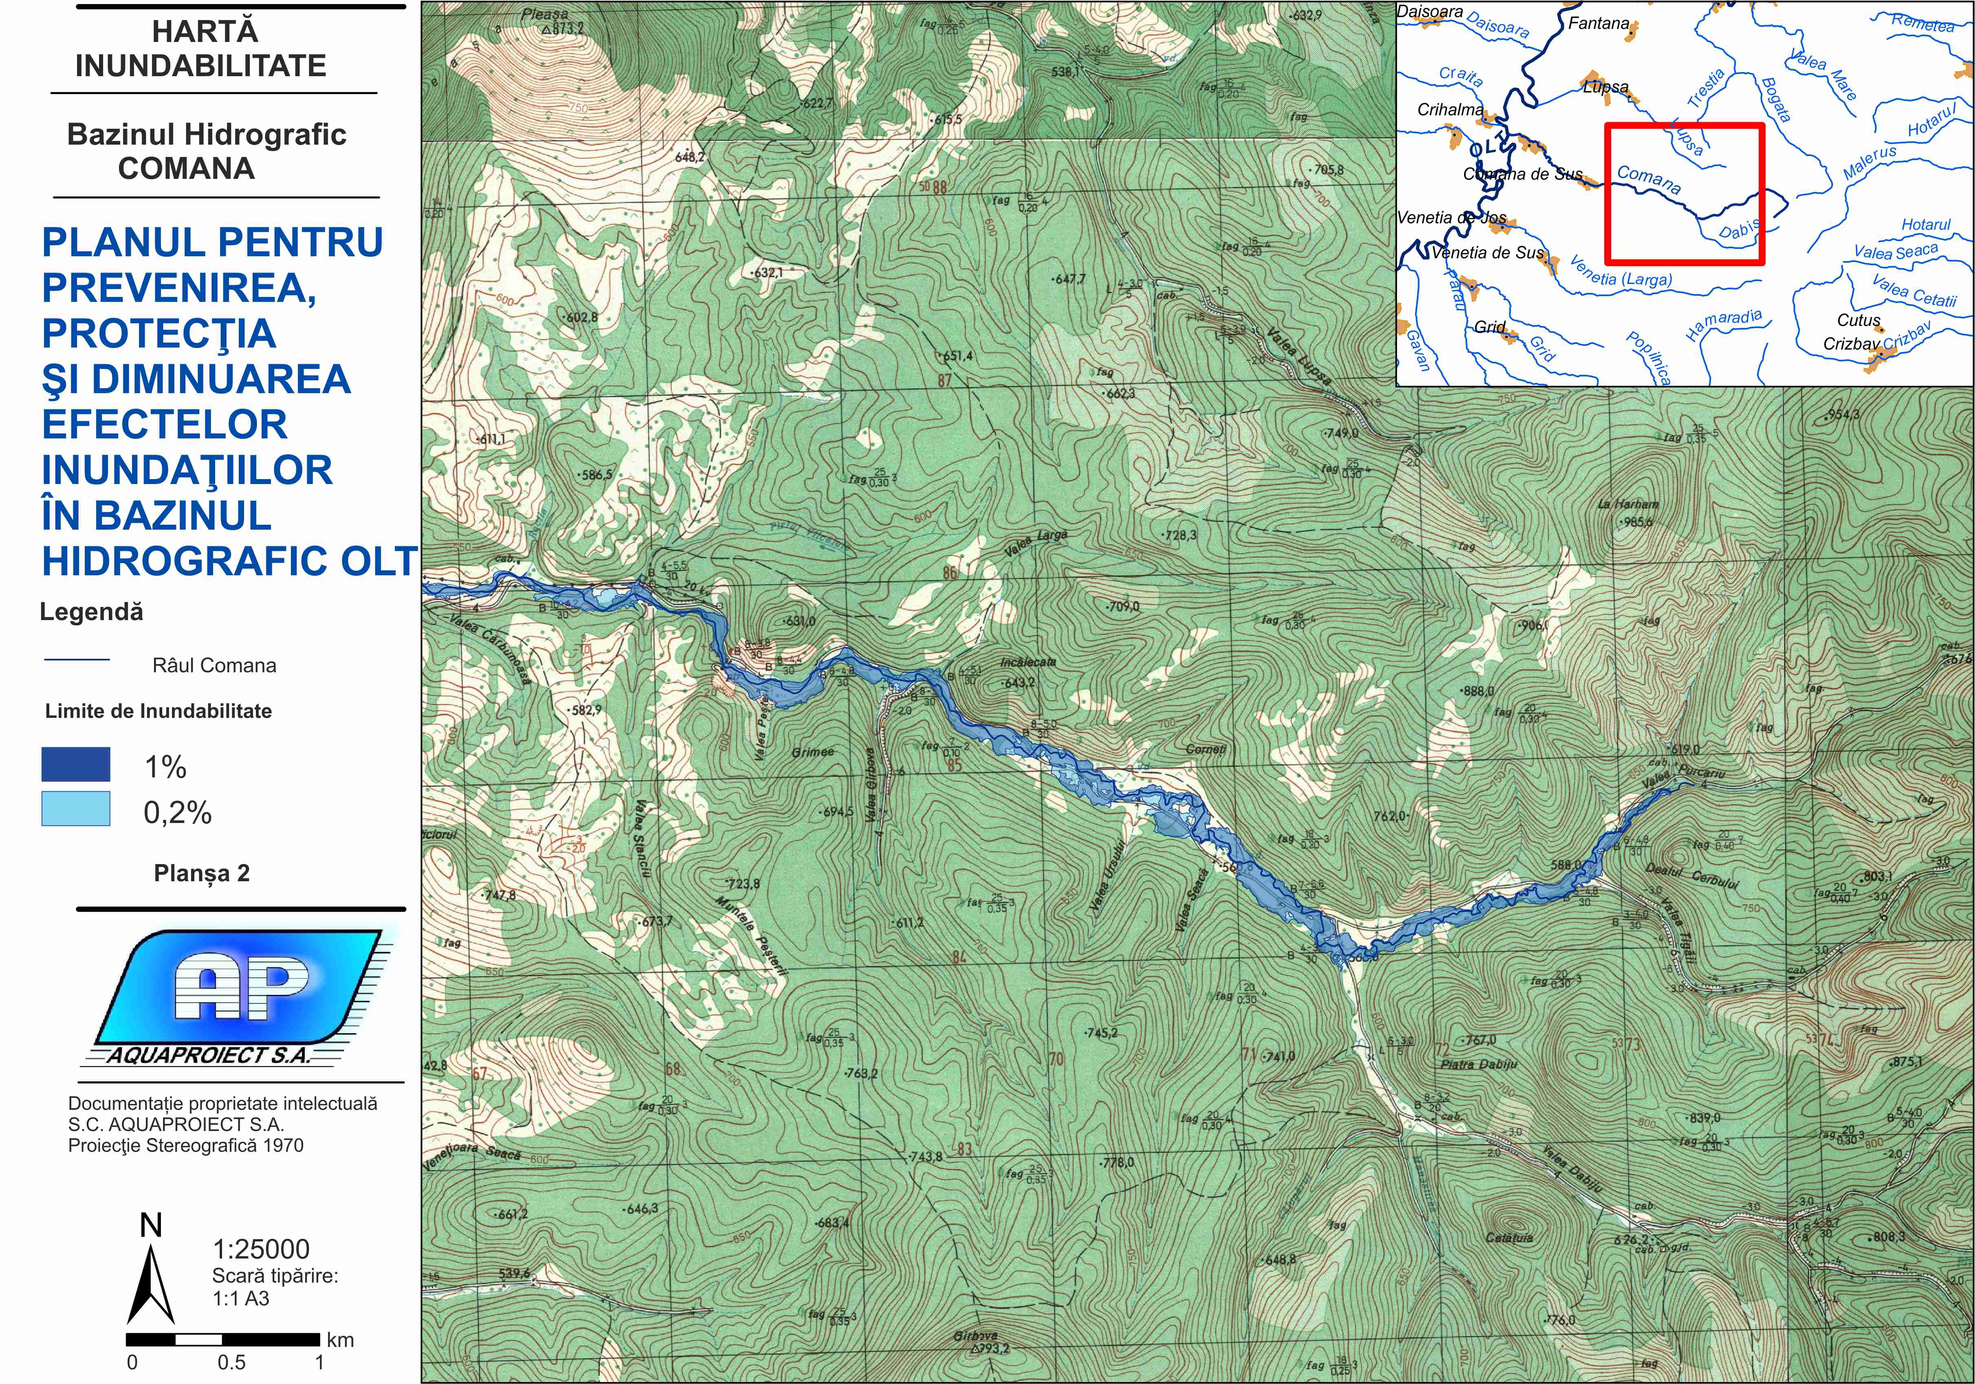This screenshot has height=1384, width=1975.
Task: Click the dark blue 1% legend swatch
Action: coord(76,764)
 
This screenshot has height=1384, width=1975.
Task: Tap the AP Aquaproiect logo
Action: coord(241,998)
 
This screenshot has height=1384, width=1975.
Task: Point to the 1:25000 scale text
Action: coord(261,1249)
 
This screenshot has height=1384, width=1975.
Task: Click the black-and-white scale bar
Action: coord(224,1339)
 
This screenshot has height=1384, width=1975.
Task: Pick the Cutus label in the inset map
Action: coord(1858,320)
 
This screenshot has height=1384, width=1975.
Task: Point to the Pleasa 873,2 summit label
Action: coord(550,22)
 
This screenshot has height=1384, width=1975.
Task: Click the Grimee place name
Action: coord(813,752)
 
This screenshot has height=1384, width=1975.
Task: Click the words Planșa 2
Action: coord(201,873)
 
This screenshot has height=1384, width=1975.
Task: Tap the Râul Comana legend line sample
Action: coord(77,660)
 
